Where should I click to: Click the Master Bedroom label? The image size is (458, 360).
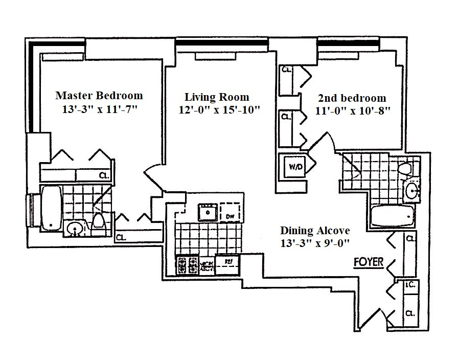(x=99, y=95)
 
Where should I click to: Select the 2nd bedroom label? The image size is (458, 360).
(x=352, y=98)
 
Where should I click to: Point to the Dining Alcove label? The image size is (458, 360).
(x=315, y=231)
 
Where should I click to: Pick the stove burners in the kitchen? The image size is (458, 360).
(x=187, y=265)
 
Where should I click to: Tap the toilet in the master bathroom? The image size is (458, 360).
(x=99, y=221)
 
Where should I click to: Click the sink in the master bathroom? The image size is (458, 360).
(x=75, y=229)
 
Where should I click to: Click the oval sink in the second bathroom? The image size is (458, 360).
(x=411, y=192)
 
